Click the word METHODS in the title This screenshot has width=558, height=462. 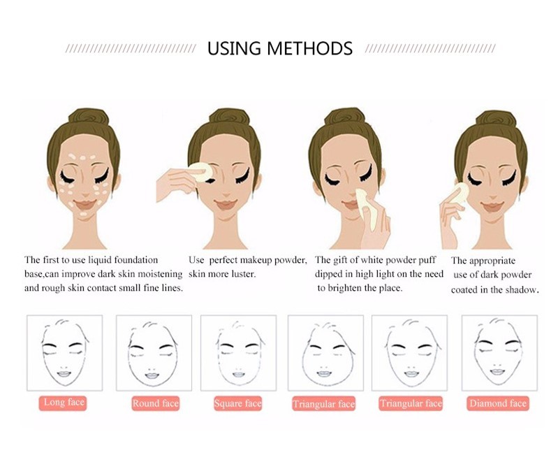point(309,48)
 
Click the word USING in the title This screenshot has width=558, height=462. point(234,48)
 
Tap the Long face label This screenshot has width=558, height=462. point(63,403)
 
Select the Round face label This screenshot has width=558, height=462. point(155,403)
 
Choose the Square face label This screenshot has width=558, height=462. point(237,403)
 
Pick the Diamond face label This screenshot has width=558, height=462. point(497,403)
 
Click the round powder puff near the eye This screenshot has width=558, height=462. point(200,172)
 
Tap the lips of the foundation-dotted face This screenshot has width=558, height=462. point(85,205)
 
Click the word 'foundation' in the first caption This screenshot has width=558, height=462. point(135,260)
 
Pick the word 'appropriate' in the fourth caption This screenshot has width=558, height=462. point(492,261)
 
